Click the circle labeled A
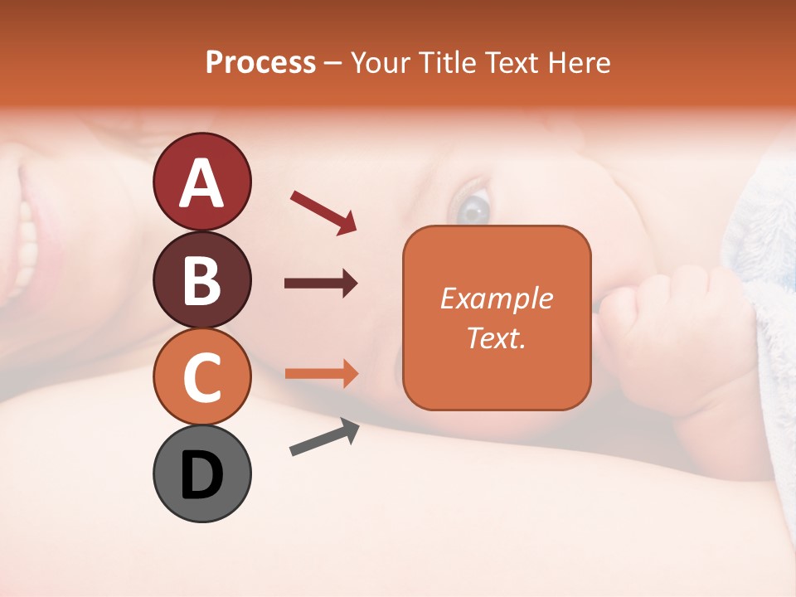(x=201, y=182)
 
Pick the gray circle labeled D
(x=201, y=473)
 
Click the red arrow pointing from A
(x=323, y=212)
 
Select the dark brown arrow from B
(x=321, y=284)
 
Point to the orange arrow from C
(x=321, y=374)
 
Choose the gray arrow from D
(x=324, y=437)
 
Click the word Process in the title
(x=260, y=63)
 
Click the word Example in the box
(x=496, y=298)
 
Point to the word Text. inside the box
(x=496, y=337)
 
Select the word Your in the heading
(x=381, y=63)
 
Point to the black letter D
(x=201, y=476)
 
